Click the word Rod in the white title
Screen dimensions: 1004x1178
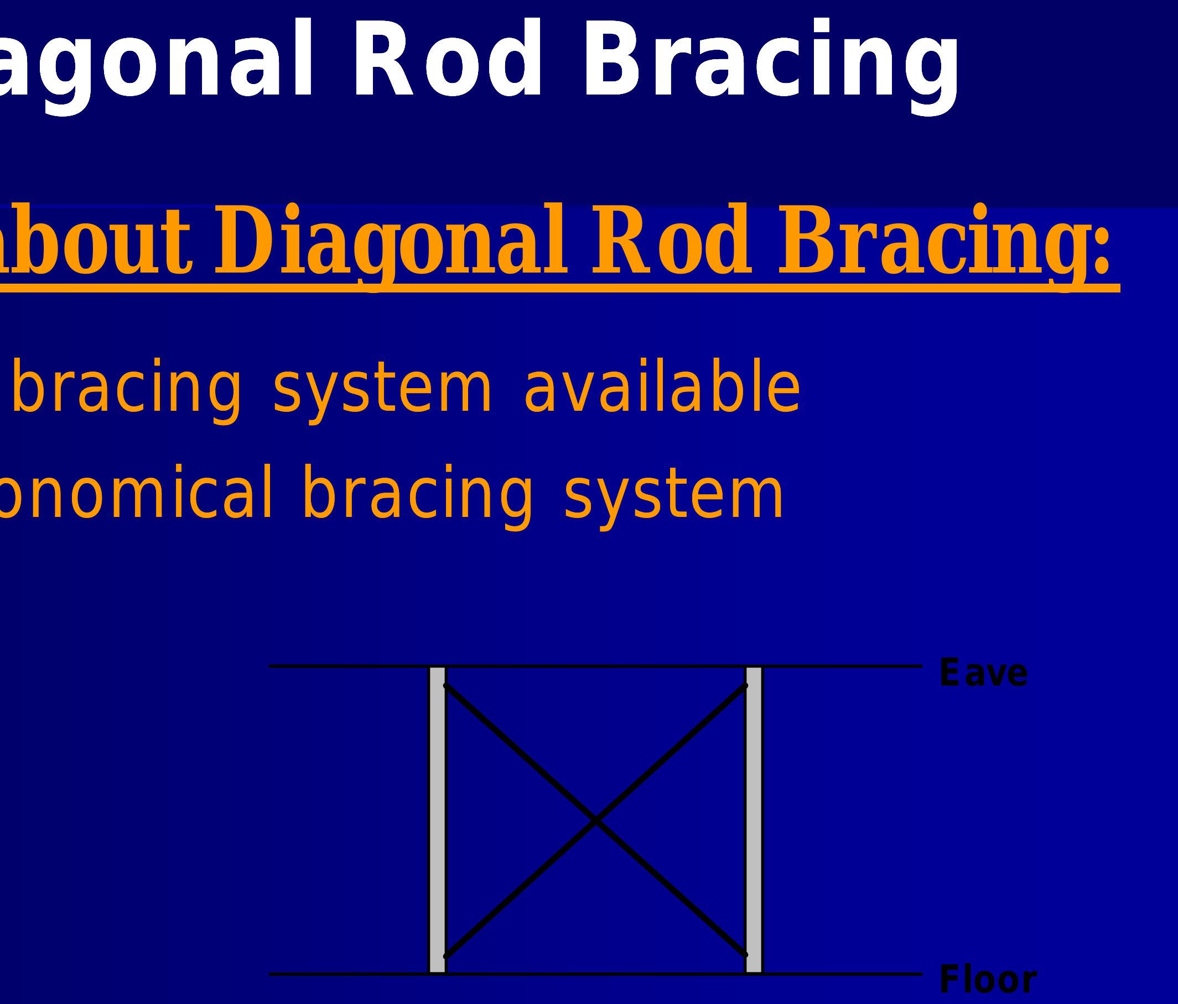[x=448, y=60]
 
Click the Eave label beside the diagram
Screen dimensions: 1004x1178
[x=983, y=674]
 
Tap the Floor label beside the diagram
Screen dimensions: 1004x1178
[x=988, y=980]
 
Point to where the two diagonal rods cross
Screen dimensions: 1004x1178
[x=595, y=820]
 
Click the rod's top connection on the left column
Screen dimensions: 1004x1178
[x=446, y=686]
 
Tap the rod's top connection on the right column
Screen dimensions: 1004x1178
[x=745, y=686]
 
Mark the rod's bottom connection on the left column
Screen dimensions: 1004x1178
[x=446, y=956]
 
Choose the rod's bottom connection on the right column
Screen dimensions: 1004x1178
[x=745, y=955]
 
